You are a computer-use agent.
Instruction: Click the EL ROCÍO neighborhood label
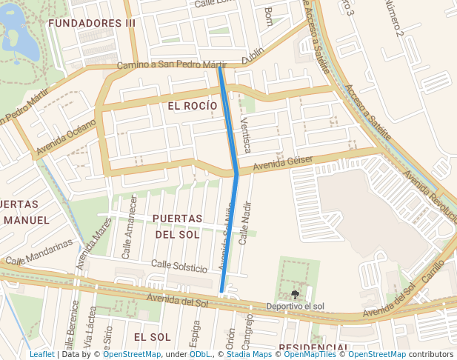click(x=193, y=106)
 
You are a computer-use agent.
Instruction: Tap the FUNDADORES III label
click(x=92, y=24)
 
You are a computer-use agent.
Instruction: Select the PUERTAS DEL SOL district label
click(x=177, y=227)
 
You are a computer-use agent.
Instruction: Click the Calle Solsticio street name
click(x=179, y=266)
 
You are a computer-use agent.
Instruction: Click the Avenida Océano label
click(x=66, y=139)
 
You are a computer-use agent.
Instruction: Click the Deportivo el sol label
click(x=296, y=306)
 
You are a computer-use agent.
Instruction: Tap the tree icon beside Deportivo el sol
click(x=296, y=295)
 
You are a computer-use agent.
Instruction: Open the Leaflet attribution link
click(x=41, y=355)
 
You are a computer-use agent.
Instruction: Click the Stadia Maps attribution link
click(x=249, y=355)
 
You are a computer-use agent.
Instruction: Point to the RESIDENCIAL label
click(x=314, y=348)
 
